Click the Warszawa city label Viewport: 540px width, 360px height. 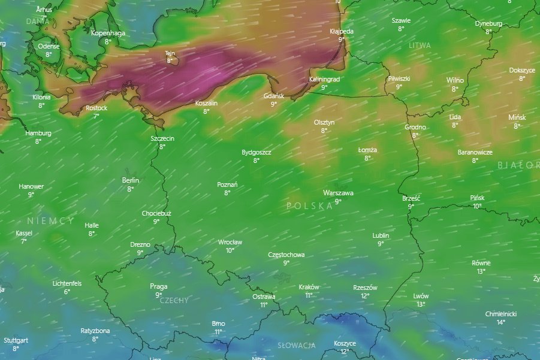pyautogui.click(x=338, y=193)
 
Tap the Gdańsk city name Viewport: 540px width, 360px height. pyautogui.click(x=274, y=96)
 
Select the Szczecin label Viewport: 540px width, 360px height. pyautogui.click(x=162, y=138)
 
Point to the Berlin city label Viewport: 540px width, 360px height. pyautogui.click(x=131, y=180)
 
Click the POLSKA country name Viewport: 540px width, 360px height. pyautogui.click(x=310, y=206)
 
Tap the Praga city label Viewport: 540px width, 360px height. pyautogui.click(x=159, y=286)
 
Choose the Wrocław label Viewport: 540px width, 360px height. pyautogui.click(x=230, y=243)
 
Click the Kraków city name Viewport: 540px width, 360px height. pyautogui.click(x=309, y=287)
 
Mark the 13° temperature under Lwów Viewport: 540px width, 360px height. pyautogui.click(x=421, y=304)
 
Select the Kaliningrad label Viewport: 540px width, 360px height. pyautogui.click(x=324, y=79)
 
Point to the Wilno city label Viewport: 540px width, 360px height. pyautogui.click(x=455, y=80)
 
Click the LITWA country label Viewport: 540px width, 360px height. pyautogui.click(x=420, y=46)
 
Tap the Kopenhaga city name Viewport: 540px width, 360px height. pyautogui.click(x=108, y=34)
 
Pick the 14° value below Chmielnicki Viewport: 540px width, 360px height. pyautogui.click(x=500, y=322)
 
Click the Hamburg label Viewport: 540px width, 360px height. pyautogui.click(x=38, y=133)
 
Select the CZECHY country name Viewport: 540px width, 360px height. pyautogui.click(x=174, y=300)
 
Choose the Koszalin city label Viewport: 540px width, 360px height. pyautogui.click(x=206, y=103)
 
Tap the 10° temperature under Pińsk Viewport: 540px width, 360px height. pyautogui.click(x=477, y=206)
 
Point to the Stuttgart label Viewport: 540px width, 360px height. pyautogui.click(x=16, y=340)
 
